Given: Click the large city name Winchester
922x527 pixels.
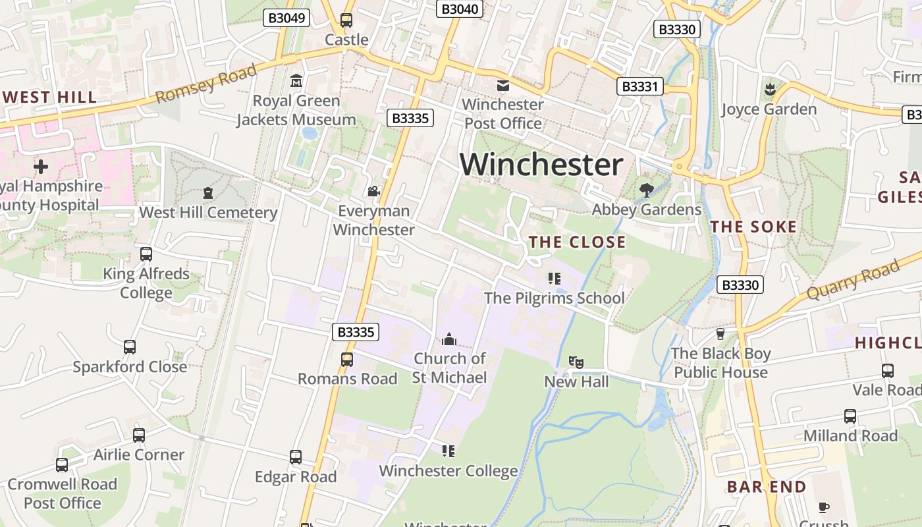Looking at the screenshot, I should click(x=541, y=164).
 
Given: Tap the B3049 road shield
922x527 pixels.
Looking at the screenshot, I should click(x=286, y=18).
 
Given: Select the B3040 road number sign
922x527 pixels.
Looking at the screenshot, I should click(x=460, y=9).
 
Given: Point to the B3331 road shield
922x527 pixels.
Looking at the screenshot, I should click(x=641, y=86).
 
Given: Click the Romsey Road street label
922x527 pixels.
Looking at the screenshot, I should click(x=205, y=85).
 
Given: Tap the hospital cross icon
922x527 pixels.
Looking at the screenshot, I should click(x=41, y=166).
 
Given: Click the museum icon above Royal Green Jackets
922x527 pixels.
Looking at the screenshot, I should click(x=296, y=81).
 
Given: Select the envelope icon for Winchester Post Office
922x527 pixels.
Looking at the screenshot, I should click(x=503, y=85).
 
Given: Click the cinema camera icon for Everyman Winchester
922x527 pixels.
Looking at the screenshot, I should click(x=373, y=191).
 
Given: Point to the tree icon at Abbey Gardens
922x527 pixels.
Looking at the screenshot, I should click(x=646, y=190).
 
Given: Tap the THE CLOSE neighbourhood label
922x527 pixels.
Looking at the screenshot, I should click(x=577, y=242).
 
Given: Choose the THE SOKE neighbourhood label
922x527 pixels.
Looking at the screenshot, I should click(x=753, y=227).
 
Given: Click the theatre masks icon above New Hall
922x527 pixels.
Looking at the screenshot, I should click(x=576, y=362).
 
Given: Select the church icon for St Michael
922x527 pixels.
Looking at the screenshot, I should click(x=449, y=339).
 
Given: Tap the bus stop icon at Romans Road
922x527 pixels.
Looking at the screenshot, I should click(x=347, y=360).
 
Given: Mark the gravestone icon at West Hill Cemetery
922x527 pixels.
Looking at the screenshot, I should click(x=208, y=193).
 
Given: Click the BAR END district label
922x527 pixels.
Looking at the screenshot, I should click(x=766, y=487).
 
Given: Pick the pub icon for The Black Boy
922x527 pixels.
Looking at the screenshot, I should click(x=720, y=333).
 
